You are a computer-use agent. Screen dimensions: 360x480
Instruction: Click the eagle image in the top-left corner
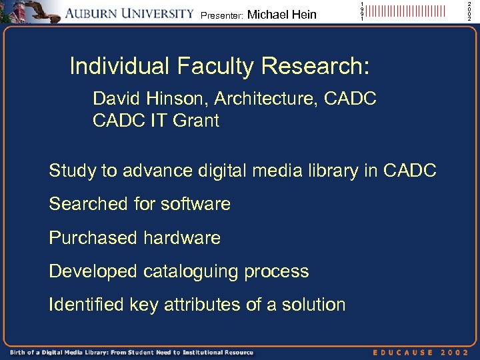[31, 12]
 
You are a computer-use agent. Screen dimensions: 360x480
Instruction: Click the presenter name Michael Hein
[281, 15]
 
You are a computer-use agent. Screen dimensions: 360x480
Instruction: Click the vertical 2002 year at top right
[469, 11]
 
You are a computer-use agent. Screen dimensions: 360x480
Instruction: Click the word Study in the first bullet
[72, 171]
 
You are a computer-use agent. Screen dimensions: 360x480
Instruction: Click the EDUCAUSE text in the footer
[403, 352]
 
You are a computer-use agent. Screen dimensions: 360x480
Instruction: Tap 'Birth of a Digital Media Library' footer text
[73, 352]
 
